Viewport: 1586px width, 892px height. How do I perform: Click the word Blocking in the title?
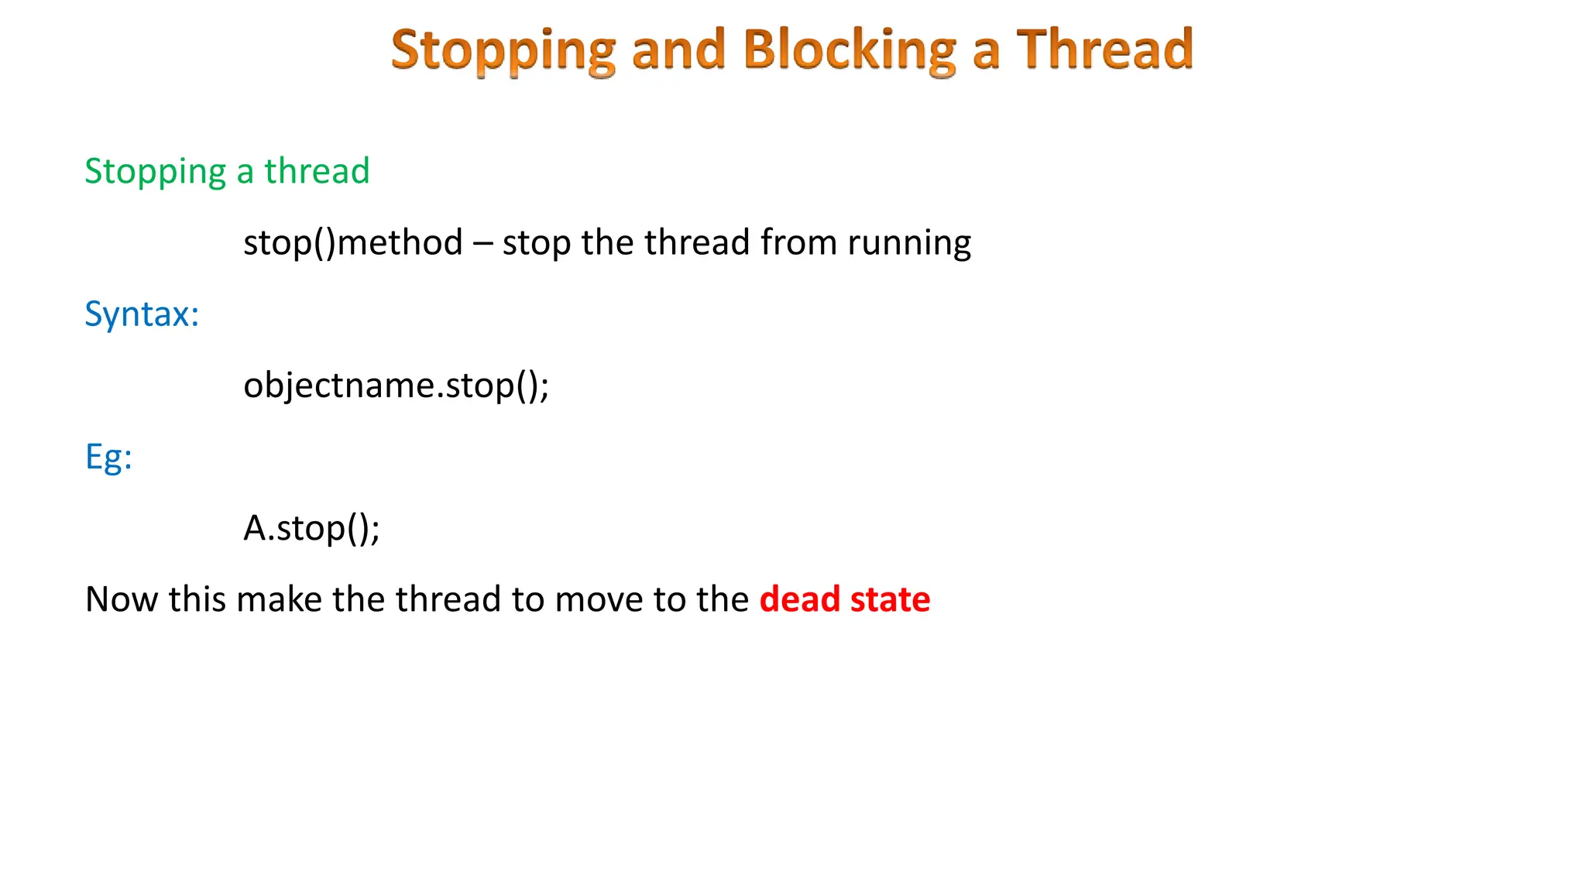coord(850,50)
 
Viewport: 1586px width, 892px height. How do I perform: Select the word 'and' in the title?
coord(678,50)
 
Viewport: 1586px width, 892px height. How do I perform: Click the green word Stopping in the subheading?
coord(155,172)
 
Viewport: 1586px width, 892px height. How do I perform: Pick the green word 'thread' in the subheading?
coord(317,170)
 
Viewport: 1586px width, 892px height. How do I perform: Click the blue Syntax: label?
coord(142,314)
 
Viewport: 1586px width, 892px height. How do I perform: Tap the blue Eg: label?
coord(108,457)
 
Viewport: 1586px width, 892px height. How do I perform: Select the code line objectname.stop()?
coord(396,385)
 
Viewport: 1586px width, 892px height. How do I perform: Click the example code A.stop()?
coord(311,528)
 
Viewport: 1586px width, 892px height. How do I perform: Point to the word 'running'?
coord(909,243)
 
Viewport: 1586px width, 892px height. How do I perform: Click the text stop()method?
coord(353,242)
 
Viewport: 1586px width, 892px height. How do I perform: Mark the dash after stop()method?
coord(482,243)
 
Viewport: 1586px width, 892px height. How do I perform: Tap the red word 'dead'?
coord(799,599)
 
